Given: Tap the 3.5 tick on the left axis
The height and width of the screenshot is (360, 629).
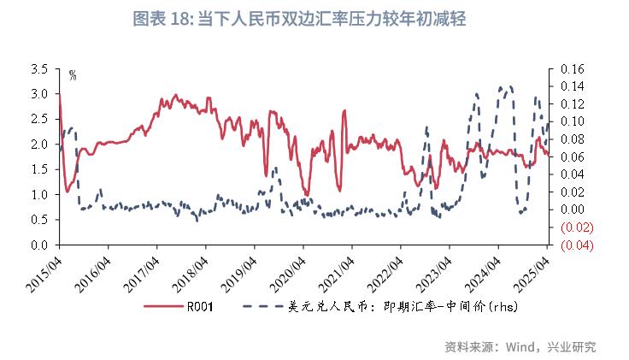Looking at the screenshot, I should [x=38, y=68].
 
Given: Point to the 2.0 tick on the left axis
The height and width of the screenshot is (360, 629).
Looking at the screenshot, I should [x=38, y=145].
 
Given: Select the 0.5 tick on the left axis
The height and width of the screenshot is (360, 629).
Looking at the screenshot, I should [x=38, y=220].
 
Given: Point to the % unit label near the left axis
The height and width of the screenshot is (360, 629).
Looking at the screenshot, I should [x=73, y=75].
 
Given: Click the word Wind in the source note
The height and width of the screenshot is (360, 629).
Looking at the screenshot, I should [x=520, y=346].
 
